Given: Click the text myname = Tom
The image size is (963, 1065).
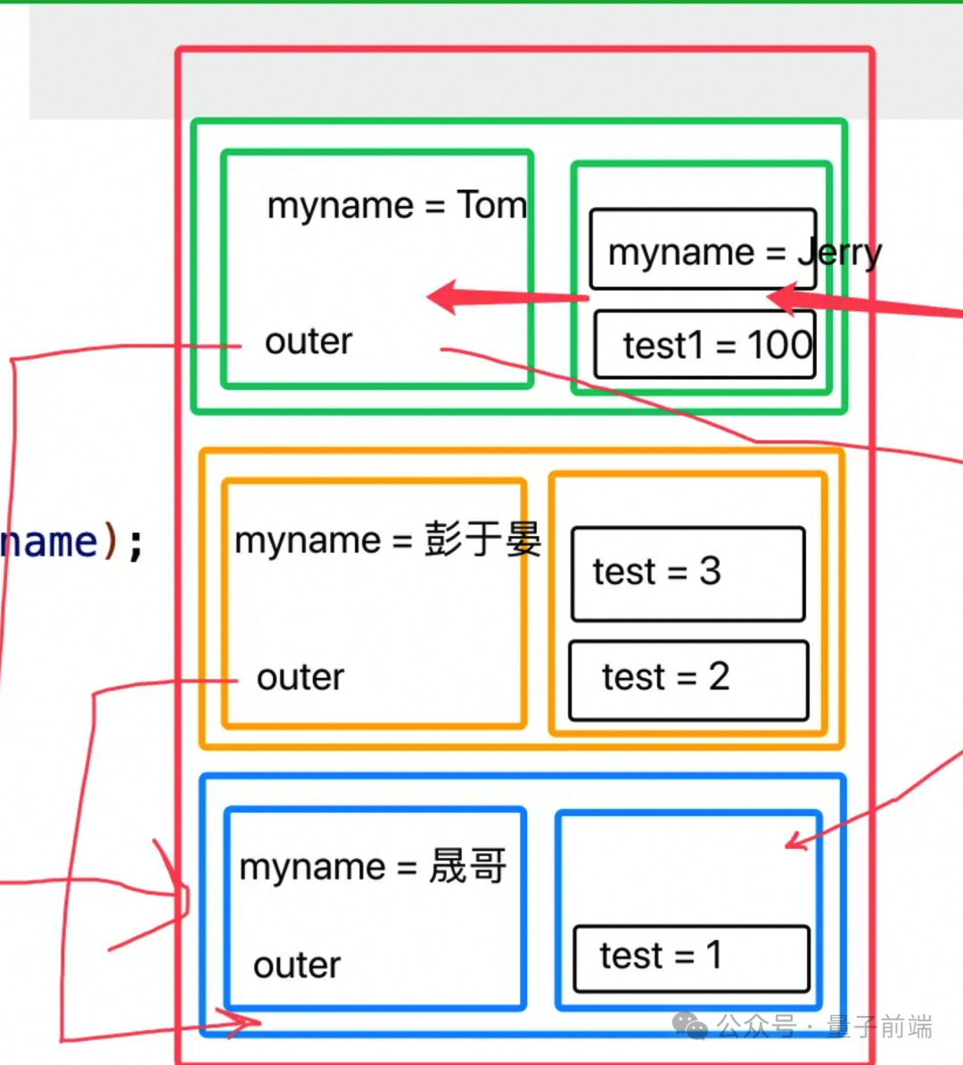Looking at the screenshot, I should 397,206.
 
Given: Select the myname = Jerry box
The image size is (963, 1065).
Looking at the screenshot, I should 703,250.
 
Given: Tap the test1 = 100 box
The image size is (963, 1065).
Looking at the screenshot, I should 704,345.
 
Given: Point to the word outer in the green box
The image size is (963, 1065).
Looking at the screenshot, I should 309,342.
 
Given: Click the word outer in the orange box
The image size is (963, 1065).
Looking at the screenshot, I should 300,678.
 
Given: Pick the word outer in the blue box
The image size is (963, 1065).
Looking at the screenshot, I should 297,965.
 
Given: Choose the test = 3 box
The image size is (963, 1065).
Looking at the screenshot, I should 687,574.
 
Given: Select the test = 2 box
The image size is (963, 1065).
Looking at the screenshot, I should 688,680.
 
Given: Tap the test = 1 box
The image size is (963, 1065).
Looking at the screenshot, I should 691,958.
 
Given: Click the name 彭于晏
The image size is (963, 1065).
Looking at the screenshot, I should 482,541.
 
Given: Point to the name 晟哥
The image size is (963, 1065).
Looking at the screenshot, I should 468,867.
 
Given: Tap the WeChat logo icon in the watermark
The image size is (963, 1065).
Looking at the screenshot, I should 689,1026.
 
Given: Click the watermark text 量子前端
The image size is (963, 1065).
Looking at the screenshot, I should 879,1027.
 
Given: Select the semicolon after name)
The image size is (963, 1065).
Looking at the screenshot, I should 136,543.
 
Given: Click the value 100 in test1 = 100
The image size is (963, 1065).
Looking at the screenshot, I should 779,345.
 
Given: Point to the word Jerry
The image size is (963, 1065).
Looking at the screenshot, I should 839,253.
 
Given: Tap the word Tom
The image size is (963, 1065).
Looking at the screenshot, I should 492,206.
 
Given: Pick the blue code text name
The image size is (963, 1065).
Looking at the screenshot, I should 49,542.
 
